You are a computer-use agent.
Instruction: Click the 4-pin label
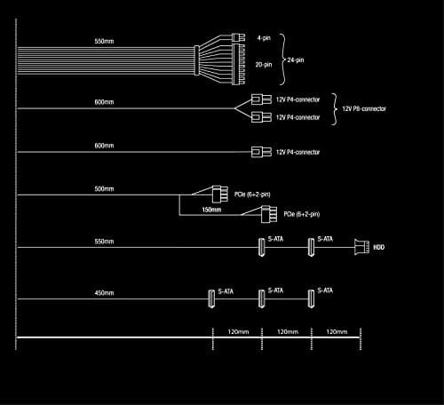pos(264,38)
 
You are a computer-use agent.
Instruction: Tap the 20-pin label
pos(264,64)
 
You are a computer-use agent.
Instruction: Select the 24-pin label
pos(296,60)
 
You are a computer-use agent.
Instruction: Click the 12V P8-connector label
pos(364,108)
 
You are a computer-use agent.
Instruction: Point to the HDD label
pos(378,247)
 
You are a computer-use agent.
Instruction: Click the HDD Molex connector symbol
pos(362,247)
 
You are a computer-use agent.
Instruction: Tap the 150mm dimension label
pos(211,210)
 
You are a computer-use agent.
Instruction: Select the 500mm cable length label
pos(104,189)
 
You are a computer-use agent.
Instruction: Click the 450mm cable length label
pos(104,293)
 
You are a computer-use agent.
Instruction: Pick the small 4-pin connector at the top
pos(238,37)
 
